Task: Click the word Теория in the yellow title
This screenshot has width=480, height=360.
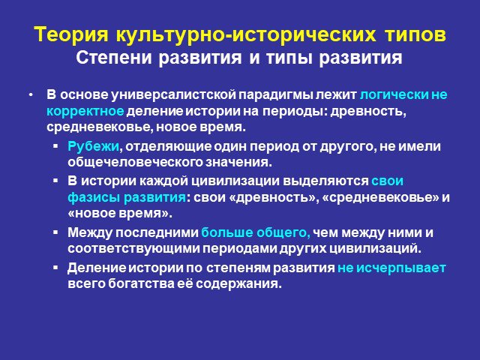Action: pos(71,34)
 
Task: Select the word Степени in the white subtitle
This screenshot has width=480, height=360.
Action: pos(114,58)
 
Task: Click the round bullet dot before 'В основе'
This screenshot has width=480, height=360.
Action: pos(31,95)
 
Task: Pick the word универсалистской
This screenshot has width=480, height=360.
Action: pos(173,95)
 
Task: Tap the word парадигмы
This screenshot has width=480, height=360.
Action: pos(276,95)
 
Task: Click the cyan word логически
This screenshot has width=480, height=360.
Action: pos(394,95)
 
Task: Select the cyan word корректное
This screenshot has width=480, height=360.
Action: pos(85,112)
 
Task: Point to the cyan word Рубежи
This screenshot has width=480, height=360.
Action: pos(93,147)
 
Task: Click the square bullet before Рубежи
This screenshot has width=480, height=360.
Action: pos(55,146)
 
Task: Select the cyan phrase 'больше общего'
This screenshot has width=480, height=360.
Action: pos(256,233)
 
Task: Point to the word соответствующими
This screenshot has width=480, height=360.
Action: pos(133,248)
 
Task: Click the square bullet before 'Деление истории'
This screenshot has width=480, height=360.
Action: pos(55,268)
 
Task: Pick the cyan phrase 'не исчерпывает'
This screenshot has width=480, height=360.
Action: pos(391,268)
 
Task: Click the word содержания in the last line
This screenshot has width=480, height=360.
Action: pos(238,284)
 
